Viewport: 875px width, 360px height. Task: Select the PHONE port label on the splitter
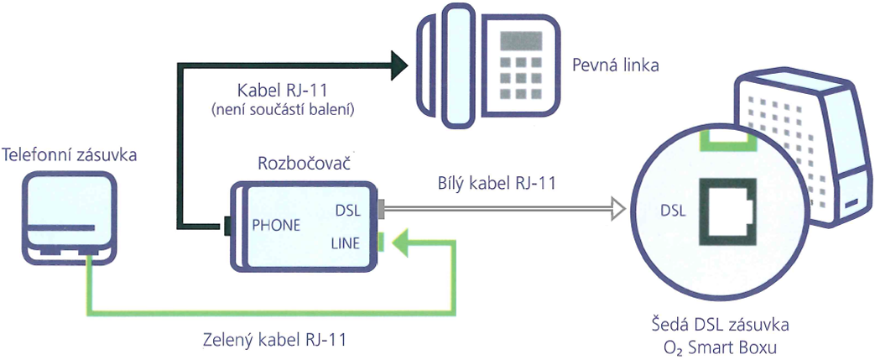pyautogui.click(x=276, y=225)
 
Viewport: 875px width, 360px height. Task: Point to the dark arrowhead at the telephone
pyautogui.click(x=398, y=65)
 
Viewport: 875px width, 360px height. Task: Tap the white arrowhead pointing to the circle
pyautogui.click(x=617, y=208)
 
